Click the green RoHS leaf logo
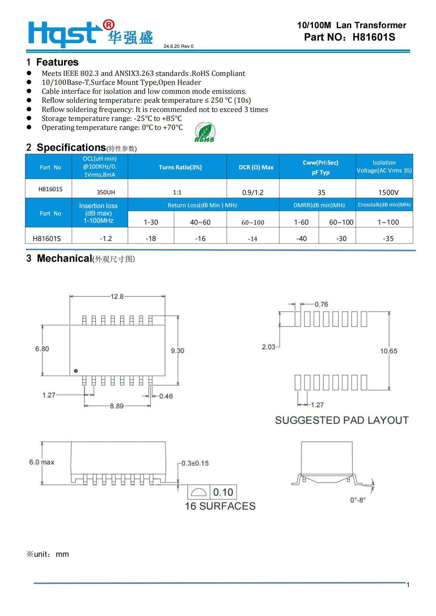(x=205, y=132)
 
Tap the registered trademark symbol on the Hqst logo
(x=109, y=25)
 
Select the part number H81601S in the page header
(x=374, y=37)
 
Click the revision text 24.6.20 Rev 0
(x=178, y=46)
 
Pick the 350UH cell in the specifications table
(x=106, y=192)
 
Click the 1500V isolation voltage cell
(x=388, y=192)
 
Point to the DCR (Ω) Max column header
(x=256, y=167)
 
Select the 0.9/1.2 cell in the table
(x=253, y=192)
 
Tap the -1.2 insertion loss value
(x=106, y=238)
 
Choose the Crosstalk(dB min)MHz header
(x=384, y=205)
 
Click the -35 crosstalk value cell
(x=388, y=238)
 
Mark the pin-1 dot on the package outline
(x=76, y=371)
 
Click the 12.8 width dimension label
(x=117, y=297)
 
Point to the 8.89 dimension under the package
(x=117, y=406)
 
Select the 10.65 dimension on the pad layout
(x=389, y=351)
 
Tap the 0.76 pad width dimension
(x=321, y=304)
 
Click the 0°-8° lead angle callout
(x=358, y=500)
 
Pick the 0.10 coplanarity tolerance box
(x=223, y=492)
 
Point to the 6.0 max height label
(x=42, y=462)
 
